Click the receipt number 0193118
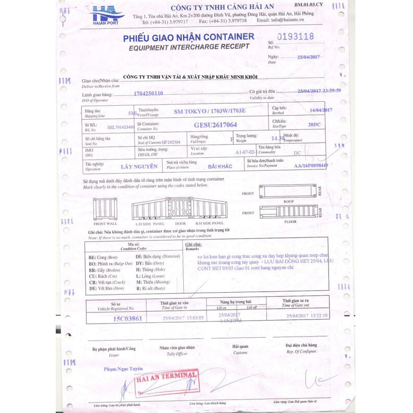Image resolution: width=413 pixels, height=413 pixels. [x=295, y=37]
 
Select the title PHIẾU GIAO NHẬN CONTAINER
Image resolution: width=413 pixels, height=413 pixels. [x=188, y=37]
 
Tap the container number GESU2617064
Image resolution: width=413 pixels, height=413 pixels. [x=215, y=125]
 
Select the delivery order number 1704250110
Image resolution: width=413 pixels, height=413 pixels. [x=148, y=93]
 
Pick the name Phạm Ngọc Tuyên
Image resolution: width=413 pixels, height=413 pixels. [x=123, y=369]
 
